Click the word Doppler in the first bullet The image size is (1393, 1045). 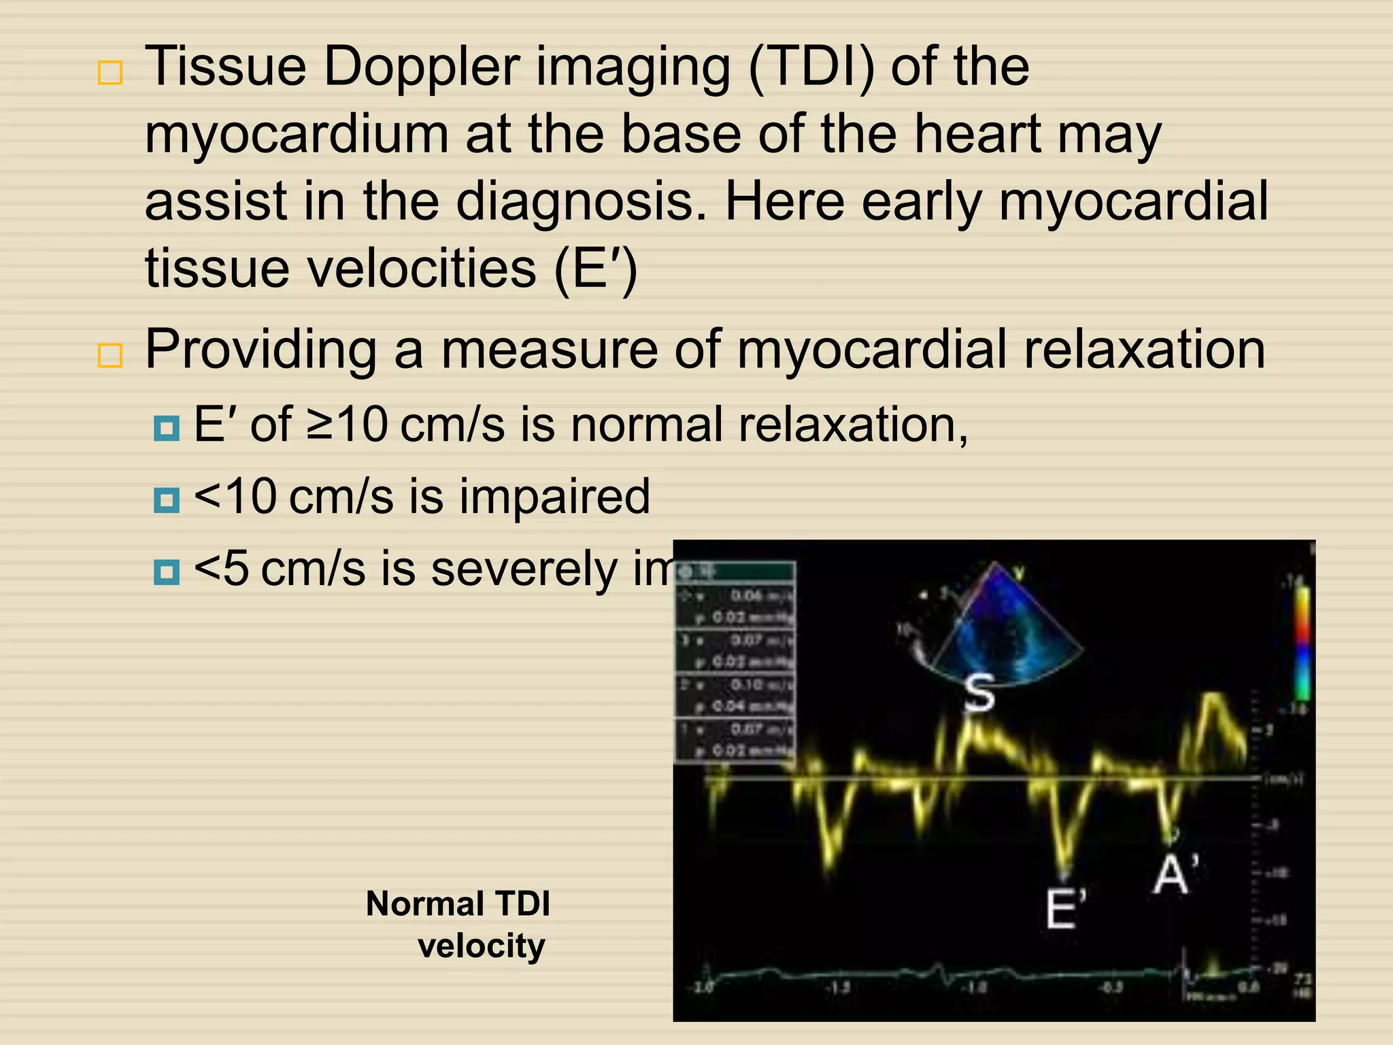pyautogui.click(x=420, y=68)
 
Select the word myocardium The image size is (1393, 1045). pyautogui.click(x=297, y=135)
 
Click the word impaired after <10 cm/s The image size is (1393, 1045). pyautogui.click(x=554, y=496)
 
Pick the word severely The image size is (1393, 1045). pyautogui.click(x=524, y=568)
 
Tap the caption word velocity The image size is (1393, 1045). pyautogui.click(x=481, y=946)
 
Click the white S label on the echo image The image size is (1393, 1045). pyautogui.click(x=979, y=692)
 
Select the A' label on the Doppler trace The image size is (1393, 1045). pyautogui.click(x=1175, y=874)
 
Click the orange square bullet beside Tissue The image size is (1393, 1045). pyautogui.click(x=110, y=72)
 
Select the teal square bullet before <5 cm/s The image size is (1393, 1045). pyautogui.click(x=167, y=572)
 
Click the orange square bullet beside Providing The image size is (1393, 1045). pyautogui.click(x=110, y=356)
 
